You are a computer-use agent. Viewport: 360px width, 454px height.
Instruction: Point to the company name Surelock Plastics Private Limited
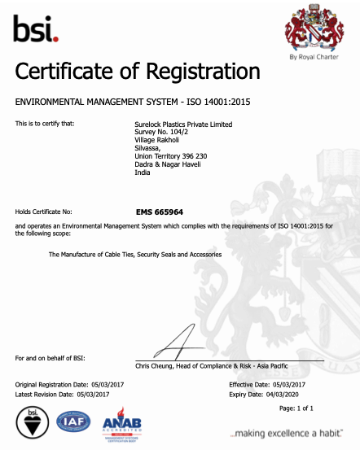click(x=182, y=124)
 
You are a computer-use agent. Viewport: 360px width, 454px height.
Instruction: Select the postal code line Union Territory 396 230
click(x=170, y=156)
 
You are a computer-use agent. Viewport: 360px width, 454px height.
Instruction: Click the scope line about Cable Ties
click(x=135, y=255)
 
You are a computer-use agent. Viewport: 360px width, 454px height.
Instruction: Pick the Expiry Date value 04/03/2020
click(x=283, y=393)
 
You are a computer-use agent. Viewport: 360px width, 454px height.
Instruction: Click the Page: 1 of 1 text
click(x=296, y=408)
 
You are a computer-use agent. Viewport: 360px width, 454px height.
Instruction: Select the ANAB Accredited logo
click(x=122, y=426)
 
